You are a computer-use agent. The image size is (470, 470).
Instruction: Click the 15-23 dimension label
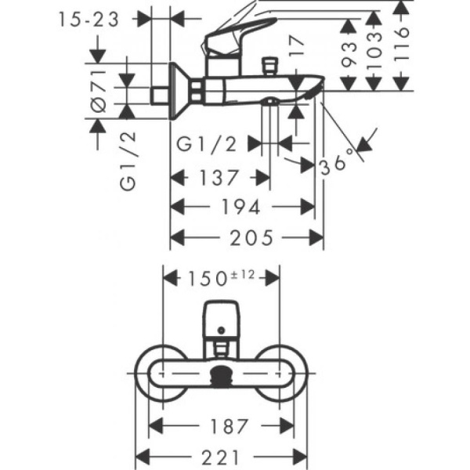pos(89,19)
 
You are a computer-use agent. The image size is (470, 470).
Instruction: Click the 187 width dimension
pos(221,427)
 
